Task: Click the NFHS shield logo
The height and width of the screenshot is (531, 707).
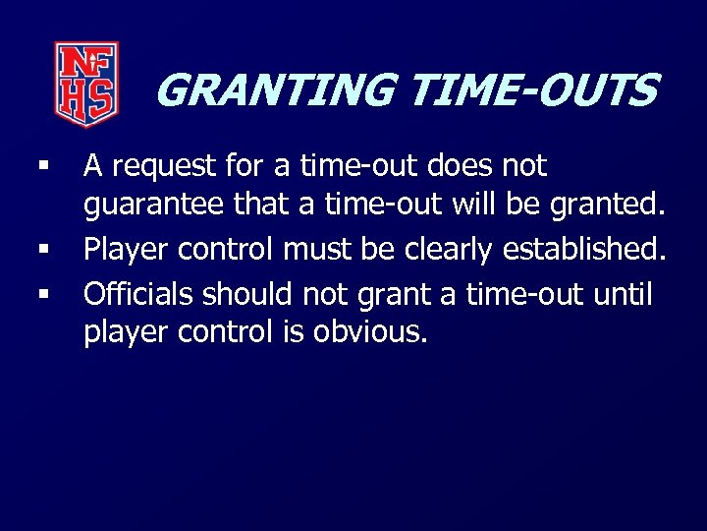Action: (x=86, y=84)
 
